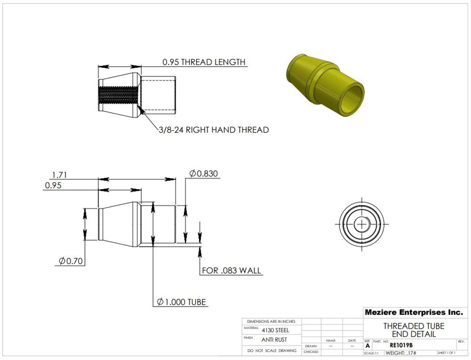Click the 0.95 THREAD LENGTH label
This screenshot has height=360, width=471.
[x=204, y=62]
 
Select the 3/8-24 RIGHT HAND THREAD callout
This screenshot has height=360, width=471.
[x=213, y=130]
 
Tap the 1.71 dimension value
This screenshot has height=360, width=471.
[x=59, y=174]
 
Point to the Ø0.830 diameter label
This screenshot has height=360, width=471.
[x=204, y=174]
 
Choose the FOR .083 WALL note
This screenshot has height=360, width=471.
[x=232, y=271]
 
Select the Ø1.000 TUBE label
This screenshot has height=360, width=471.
[x=182, y=302]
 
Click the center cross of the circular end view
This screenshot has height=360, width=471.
[x=362, y=224]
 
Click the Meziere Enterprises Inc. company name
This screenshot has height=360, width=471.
[x=413, y=312]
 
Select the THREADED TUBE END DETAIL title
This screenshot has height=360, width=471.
[x=414, y=330]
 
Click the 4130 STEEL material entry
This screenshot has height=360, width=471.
[x=275, y=330]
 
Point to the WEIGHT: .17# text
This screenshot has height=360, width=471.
[x=401, y=353]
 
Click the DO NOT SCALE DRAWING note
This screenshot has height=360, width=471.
[x=271, y=351]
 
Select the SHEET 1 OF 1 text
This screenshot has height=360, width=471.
[x=446, y=353]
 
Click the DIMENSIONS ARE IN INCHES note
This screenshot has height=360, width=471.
[x=271, y=321]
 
